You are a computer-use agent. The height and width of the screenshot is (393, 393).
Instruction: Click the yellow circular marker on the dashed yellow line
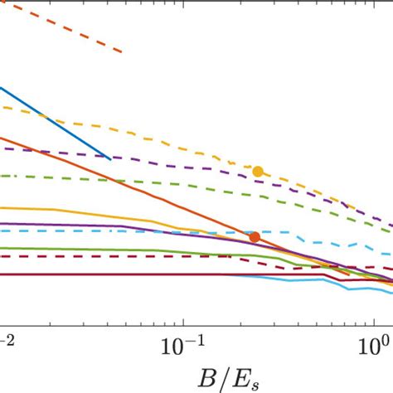pyautogui.click(x=258, y=171)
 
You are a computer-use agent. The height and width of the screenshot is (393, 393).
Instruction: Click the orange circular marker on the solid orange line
pyautogui.click(x=255, y=237)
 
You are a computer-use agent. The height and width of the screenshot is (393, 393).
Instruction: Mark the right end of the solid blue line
pyautogui.click(x=111, y=158)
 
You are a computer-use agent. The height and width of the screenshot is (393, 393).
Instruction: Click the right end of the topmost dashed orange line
pyautogui.click(x=122, y=52)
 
